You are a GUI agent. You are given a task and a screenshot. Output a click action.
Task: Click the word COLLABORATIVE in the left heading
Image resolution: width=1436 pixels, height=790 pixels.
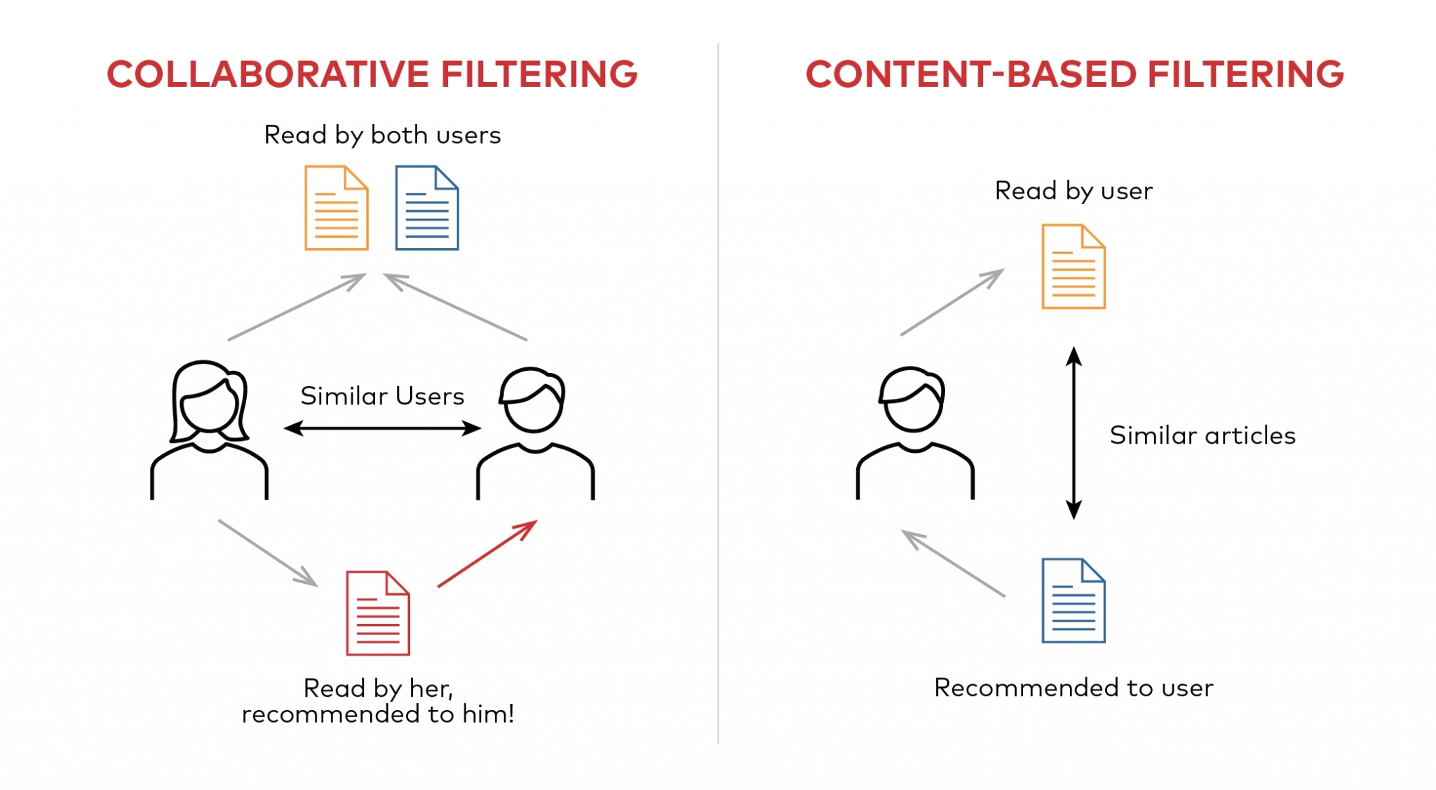point(268,74)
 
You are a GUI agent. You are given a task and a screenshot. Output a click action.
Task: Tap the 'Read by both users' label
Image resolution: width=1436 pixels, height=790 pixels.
point(382,135)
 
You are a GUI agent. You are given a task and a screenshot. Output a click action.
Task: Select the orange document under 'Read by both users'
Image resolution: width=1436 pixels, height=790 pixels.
point(336,208)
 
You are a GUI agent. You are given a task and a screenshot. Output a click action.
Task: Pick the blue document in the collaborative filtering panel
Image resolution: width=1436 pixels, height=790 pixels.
point(426,208)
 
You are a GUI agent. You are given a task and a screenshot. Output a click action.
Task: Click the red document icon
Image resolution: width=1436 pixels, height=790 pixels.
point(377,613)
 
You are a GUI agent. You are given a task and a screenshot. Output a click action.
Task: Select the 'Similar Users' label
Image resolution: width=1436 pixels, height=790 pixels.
point(382,396)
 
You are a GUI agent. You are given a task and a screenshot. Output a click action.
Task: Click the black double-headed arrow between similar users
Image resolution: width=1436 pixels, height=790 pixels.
point(382,428)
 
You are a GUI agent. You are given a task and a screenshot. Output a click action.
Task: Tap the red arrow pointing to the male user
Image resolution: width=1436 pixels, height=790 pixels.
point(487,554)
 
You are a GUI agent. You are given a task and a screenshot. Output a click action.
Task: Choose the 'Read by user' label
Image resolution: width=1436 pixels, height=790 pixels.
point(1073,191)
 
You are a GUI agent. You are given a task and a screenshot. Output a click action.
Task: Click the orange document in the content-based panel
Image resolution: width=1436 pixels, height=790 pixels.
point(1073,266)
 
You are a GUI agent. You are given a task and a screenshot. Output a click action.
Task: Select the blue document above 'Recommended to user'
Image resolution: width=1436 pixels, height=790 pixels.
point(1073,601)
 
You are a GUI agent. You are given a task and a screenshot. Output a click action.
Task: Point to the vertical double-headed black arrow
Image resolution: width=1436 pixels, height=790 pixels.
point(1073,433)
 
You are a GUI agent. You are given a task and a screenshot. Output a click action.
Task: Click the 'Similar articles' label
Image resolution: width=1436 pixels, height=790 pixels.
point(1202,435)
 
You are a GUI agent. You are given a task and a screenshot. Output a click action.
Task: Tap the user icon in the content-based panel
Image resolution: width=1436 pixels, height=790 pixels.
point(914,433)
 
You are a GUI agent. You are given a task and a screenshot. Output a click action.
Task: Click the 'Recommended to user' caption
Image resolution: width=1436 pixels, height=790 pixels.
point(1073,688)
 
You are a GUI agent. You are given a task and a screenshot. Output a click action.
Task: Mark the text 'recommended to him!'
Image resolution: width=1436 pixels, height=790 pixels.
point(378,714)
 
